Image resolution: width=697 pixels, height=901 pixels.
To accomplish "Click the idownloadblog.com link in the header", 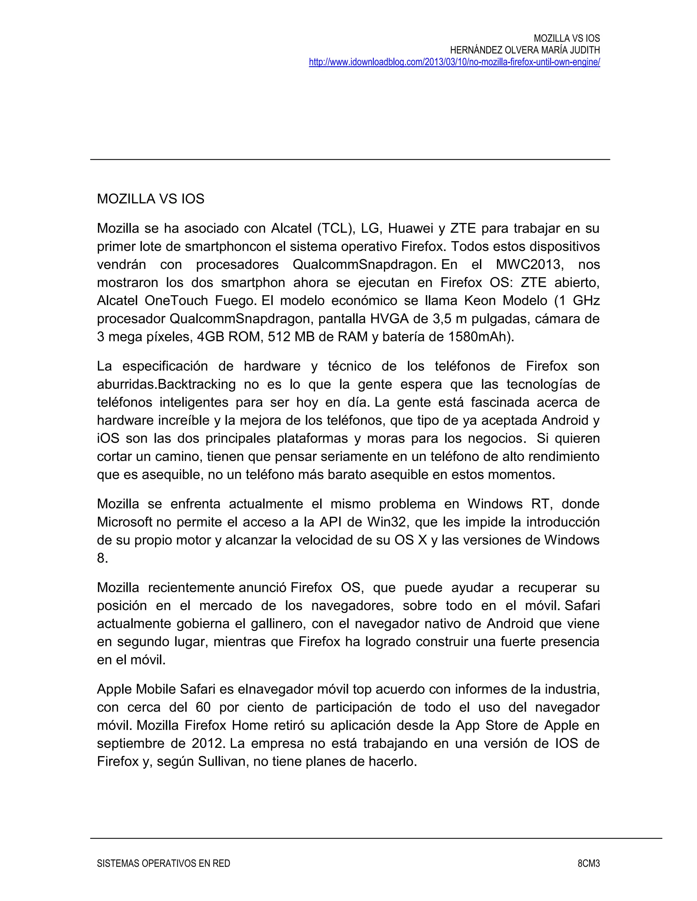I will coord(454,62).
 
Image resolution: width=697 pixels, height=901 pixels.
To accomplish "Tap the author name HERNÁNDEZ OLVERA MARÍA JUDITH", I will coord(524,50).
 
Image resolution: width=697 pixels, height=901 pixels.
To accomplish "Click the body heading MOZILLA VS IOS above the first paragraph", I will coord(150,199).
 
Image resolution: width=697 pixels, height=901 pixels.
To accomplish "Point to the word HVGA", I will coord(388,319).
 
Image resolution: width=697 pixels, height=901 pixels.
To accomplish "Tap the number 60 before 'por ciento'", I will coord(203,707).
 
